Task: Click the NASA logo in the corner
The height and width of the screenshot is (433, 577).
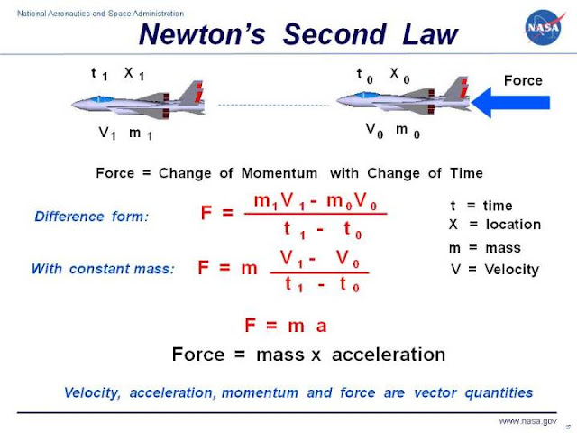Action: pos(544,28)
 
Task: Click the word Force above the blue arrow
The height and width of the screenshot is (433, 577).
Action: pos(523,80)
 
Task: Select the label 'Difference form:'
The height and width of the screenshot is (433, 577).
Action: pos(90,216)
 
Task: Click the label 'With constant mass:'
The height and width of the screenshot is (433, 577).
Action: pos(103,269)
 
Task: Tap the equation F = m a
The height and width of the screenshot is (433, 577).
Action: pos(288,326)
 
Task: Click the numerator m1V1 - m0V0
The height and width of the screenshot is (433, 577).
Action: pos(316,199)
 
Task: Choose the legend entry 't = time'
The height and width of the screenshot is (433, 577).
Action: pos(485,206)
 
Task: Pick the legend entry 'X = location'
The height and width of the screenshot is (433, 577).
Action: pos(494,225)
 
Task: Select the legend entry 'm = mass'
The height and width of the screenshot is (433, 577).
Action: pos(485,248)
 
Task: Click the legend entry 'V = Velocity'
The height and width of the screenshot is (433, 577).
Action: pos(494,269)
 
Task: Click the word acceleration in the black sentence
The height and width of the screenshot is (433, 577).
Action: pos(389,355)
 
